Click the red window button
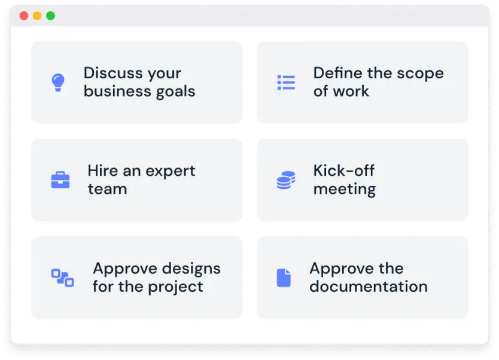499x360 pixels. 24,16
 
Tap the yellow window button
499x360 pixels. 37,16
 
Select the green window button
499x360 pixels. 50,16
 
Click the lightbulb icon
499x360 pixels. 57,82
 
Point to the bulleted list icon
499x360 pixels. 286,83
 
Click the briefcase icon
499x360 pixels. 60,180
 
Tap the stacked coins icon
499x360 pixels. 286,180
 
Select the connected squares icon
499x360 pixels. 62,277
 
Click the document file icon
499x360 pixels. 284,277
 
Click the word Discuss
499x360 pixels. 112,73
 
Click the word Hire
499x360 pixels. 103,170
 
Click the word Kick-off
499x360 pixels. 344,170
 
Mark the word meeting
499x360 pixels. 345,190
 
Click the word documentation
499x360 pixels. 368,286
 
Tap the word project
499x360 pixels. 174,287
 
